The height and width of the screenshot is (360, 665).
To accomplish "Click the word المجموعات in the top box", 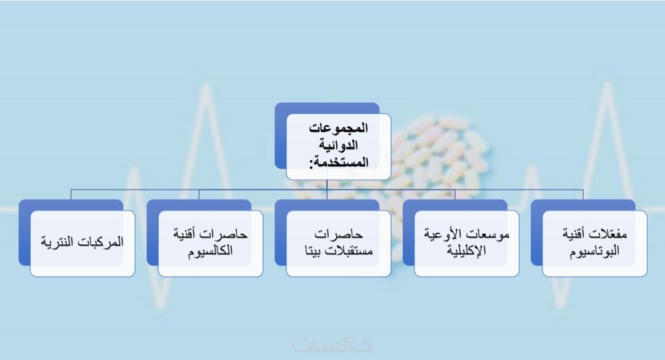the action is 338,127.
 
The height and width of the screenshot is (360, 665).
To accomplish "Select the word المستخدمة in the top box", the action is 342,162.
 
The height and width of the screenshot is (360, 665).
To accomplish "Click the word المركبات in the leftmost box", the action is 102,242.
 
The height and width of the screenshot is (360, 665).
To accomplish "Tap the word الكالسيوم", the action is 211,250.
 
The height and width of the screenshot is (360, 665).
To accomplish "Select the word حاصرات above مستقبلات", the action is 339,234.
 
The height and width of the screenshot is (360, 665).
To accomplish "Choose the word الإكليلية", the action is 466,250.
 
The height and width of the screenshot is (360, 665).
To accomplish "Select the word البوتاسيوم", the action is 594,250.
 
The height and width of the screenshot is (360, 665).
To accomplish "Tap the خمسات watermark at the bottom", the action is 332,345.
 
